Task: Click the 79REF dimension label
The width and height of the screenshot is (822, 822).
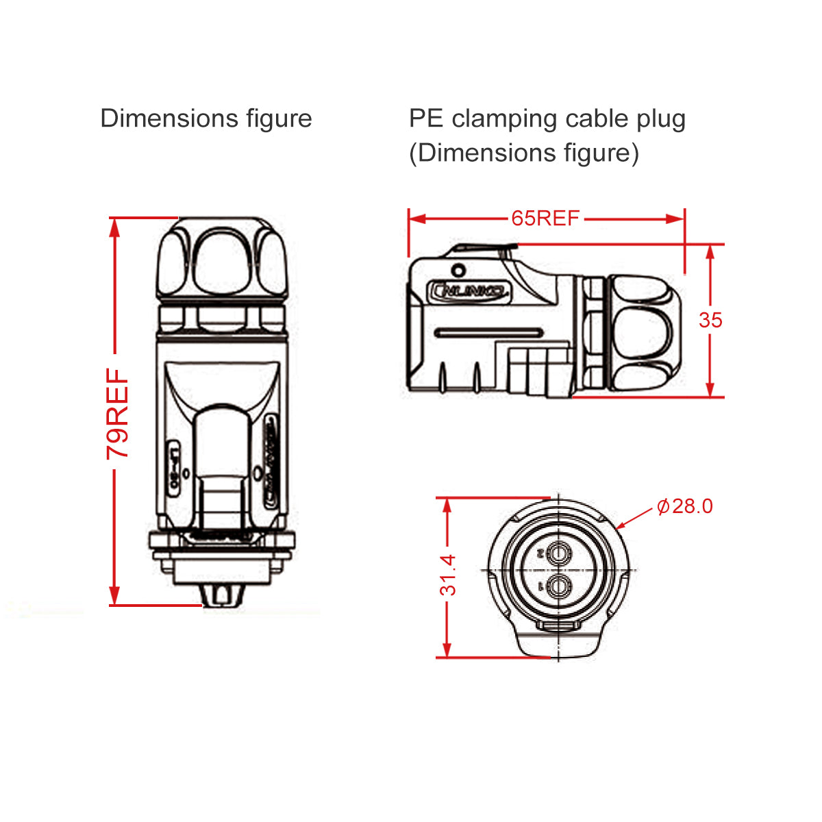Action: tap(117, 414)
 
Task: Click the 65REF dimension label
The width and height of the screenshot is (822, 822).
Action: tap(545, 219)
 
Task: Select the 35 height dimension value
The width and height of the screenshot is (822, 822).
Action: tap(710, 320)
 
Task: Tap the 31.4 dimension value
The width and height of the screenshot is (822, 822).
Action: tap(447, 575)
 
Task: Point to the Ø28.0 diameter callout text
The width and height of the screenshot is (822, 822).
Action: tap(684, 506)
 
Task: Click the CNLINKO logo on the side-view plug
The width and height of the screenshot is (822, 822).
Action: tap(469, 292)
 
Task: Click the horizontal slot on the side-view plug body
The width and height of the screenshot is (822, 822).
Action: tap(489, 334)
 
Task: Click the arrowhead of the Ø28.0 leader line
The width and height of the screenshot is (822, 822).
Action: tap(621, 527)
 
